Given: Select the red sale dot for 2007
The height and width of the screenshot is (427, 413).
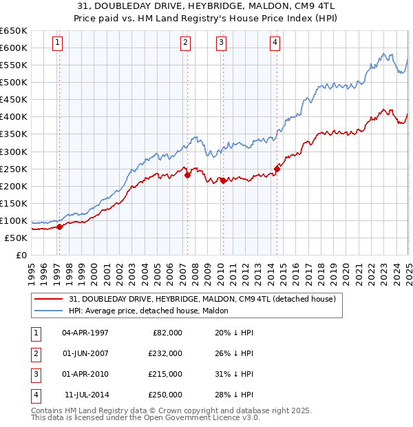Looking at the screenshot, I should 187,175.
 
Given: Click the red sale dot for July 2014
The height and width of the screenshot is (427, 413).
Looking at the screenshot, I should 277,168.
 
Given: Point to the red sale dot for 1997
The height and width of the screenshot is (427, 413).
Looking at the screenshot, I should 59,227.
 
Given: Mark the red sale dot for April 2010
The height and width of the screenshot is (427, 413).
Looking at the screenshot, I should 223,180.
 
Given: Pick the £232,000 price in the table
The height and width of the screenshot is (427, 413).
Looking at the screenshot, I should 165,353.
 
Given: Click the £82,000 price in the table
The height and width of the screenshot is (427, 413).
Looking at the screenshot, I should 167,333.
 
